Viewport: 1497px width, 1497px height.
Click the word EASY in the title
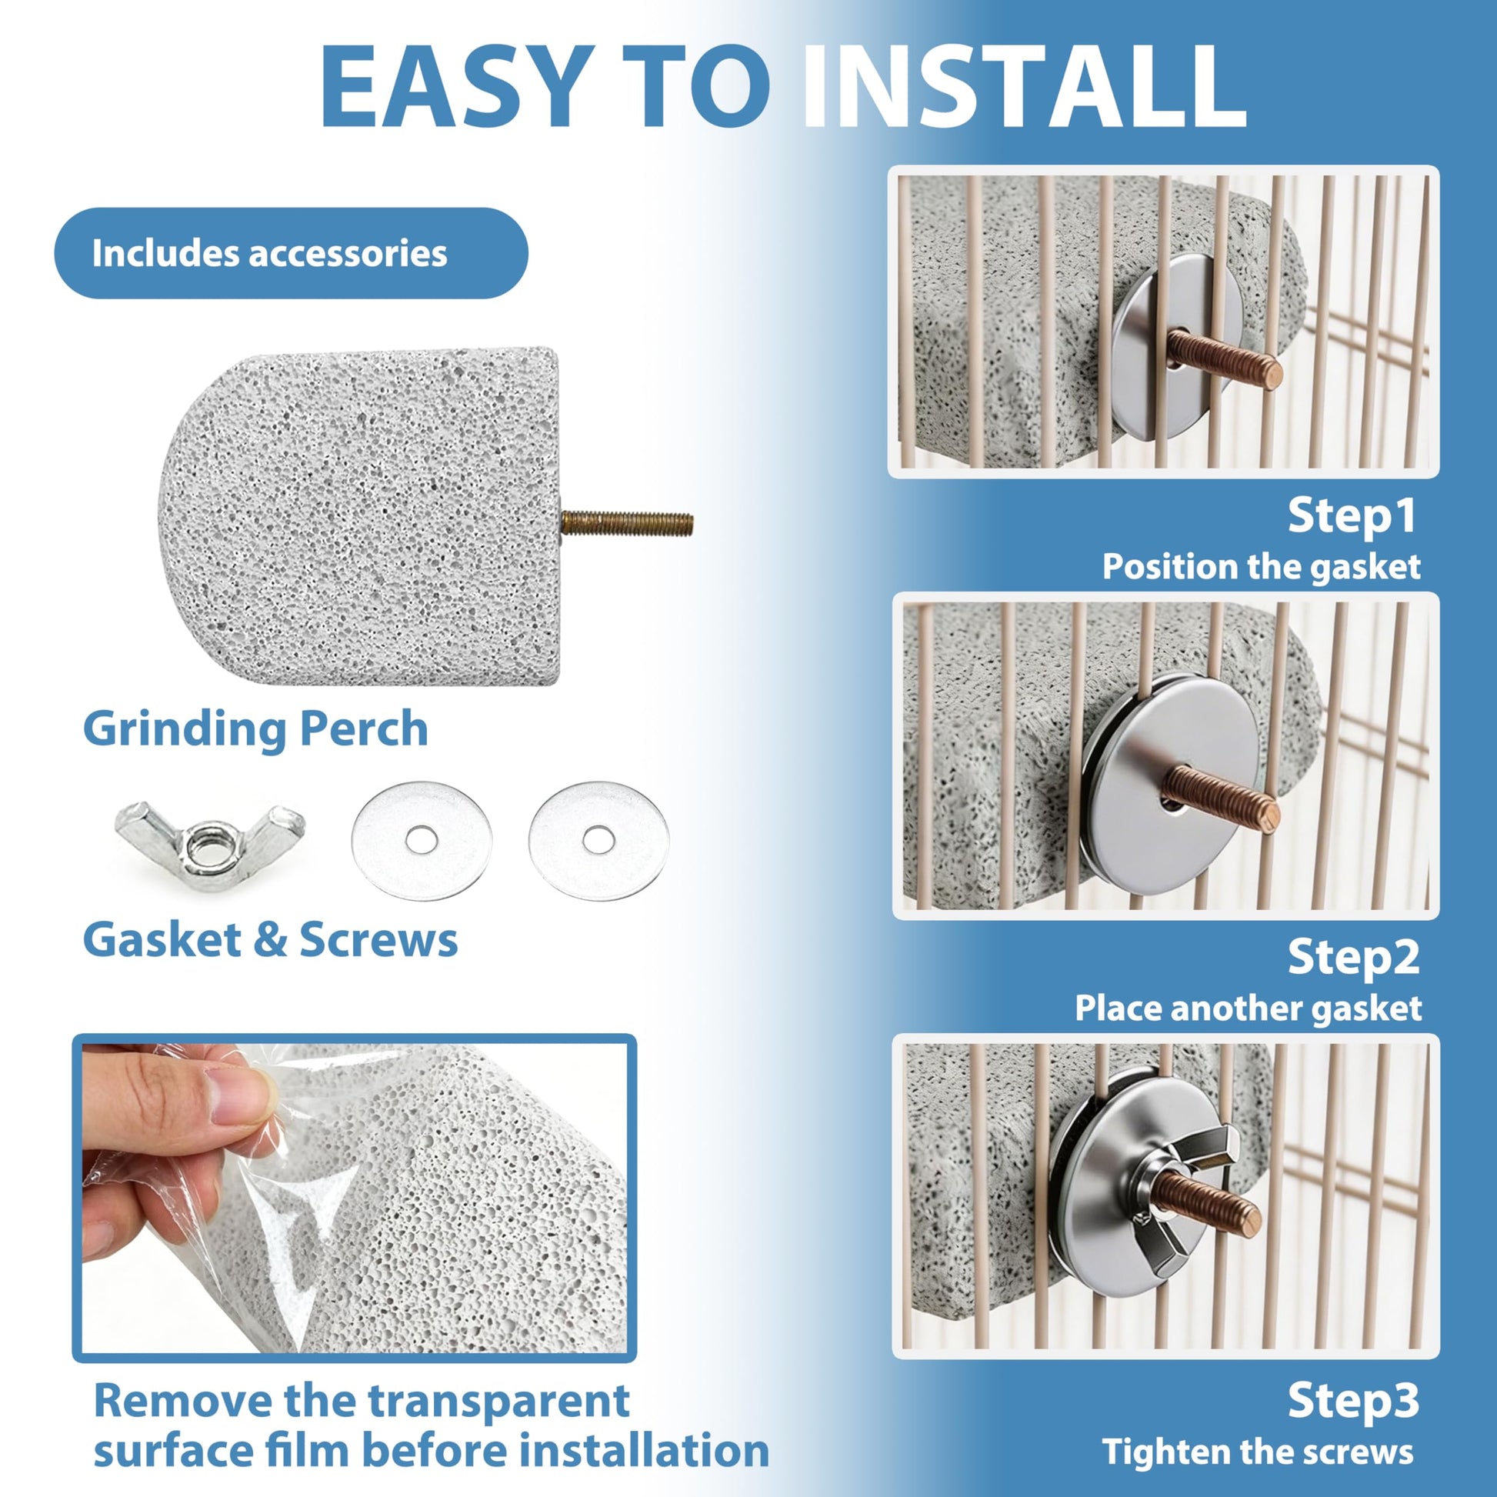(x=456, y=86)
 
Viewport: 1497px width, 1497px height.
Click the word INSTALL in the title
(x=1025, y=86)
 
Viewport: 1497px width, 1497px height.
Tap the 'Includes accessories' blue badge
(x=291, y=252)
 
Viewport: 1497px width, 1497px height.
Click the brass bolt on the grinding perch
(x=626, y=524)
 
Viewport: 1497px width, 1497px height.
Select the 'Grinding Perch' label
(x=255, y=730)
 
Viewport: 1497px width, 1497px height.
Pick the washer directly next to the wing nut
(x=422, y=841)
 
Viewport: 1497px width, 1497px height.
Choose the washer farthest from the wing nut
(x=598, y=841)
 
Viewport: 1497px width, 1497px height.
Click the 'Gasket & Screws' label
(x=271, y=940)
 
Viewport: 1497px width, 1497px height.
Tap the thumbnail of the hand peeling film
(x=354, y=1198)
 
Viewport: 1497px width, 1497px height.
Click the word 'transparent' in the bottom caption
(x=498, y=1401)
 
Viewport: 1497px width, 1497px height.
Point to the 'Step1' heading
(x=1352, y=515)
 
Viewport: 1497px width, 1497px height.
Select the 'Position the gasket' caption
(x=1262, y=566)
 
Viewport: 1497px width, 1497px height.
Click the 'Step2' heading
(x=1353, y=958)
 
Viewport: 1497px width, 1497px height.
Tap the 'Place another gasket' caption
(x=1249, y=1009)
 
